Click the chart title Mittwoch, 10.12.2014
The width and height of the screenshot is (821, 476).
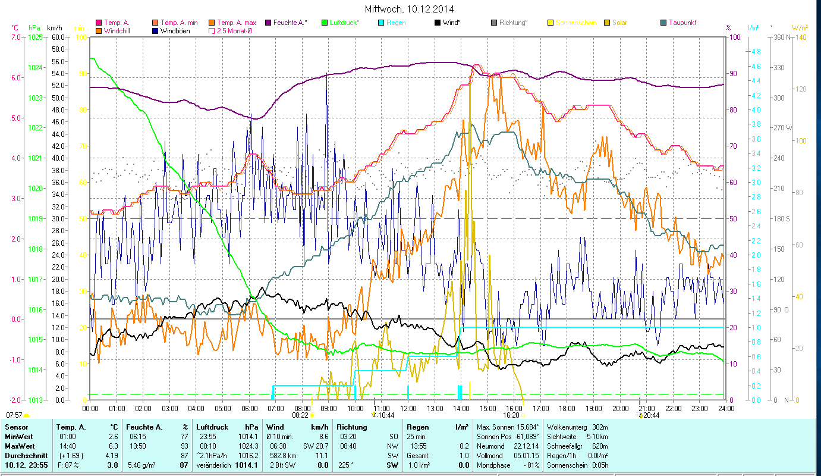[x=410, y=10]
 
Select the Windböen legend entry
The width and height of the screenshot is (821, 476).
[x=175, y=30]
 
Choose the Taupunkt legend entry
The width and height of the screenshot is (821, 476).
[x=682, y=23]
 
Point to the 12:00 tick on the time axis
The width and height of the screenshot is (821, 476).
[x=408, y=409]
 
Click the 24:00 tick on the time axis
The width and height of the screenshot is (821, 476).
[x=725, y=409]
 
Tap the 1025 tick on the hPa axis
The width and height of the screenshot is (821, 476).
[x=35, y=37]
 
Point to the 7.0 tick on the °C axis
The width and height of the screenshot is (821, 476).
[x=15, y=37]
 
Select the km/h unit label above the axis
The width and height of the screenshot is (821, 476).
[x=55, y=28]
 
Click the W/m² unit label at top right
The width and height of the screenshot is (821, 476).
[x=800, y=28]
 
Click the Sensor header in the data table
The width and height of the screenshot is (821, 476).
[x=15, y=427]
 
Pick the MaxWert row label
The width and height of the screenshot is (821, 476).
[x=18, y=446]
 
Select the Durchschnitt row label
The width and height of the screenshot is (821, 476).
[x=23, y=455]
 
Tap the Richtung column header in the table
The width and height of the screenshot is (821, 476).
[x=351, y=427]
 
